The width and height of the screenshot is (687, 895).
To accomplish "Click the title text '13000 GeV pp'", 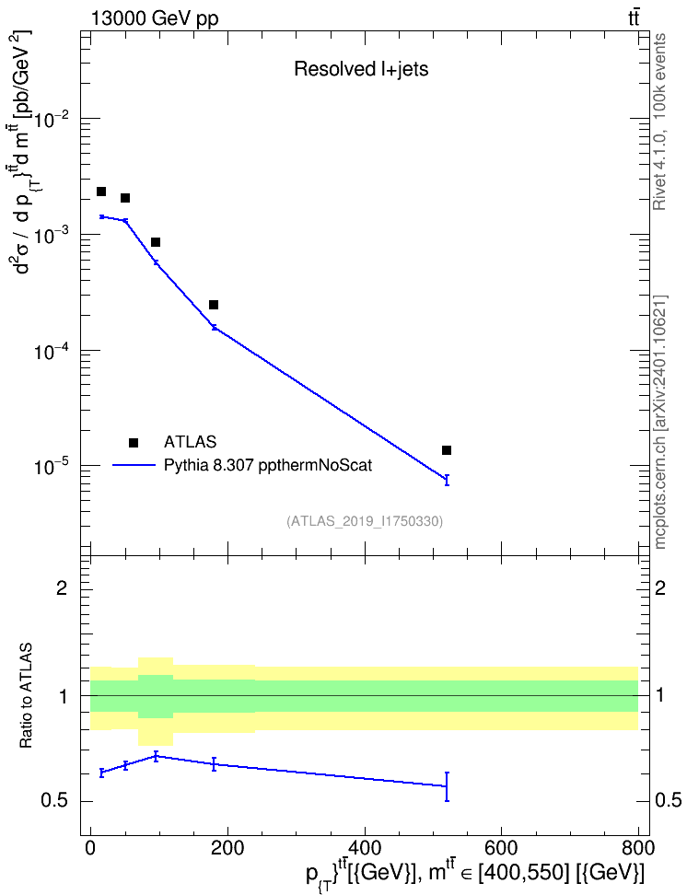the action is (154, 18).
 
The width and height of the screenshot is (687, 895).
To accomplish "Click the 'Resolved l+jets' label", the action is (361, 69).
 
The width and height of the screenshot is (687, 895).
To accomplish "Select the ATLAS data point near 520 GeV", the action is (447, 450).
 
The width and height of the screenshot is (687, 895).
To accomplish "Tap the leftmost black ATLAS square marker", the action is (101, 192).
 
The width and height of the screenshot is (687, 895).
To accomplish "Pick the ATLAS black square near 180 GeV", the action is (214, 305).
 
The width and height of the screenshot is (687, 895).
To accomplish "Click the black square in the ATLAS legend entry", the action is (134, 442).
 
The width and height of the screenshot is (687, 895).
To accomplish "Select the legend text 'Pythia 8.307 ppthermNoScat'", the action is (268, 465).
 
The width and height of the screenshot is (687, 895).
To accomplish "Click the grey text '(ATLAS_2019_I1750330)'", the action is (365, 520).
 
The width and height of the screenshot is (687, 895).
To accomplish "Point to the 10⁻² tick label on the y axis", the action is (52, 119).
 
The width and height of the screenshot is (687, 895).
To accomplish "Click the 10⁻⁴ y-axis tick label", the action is (52, 351).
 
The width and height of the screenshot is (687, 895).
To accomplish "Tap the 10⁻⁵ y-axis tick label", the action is (52, 466).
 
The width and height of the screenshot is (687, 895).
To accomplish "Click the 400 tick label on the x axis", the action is (365, 848).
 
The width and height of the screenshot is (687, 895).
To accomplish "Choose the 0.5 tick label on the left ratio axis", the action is (55, 801).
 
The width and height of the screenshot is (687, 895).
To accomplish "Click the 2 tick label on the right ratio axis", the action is (660, 587).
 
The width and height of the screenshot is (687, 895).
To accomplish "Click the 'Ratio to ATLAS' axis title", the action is (26, 696).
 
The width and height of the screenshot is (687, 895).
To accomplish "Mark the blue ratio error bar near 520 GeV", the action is (447, 786).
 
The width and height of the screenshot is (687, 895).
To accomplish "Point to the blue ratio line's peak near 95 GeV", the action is (156, 756).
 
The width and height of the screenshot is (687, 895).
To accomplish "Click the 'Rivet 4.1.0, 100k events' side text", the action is (659, 122).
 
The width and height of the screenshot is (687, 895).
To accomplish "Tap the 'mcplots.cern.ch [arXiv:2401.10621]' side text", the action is (659, 422).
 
